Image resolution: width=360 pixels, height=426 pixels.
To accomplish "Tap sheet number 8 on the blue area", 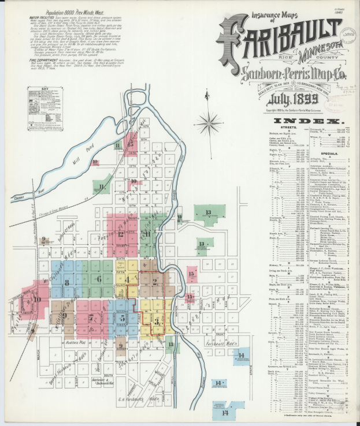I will point(67,282).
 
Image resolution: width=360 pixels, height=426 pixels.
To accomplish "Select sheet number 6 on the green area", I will point(99,279).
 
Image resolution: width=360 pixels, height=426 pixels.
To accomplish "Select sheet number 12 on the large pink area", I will point(121,234).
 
